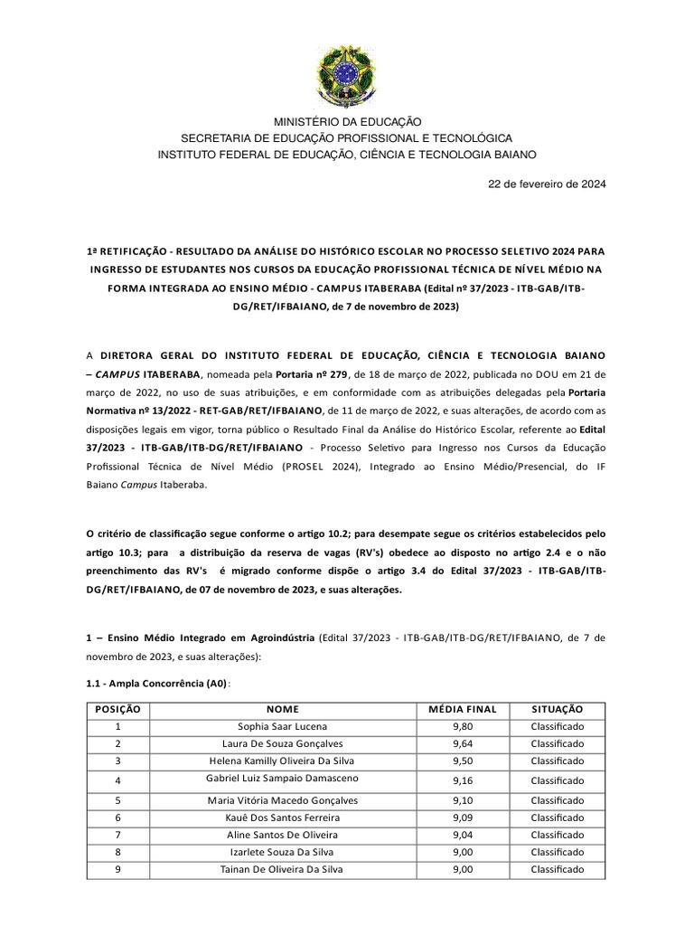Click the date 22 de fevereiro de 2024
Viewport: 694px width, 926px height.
(x=547, y=184)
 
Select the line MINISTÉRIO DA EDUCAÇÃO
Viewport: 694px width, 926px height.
(x=347, y=121)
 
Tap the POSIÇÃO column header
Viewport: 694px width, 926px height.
(x=117, y=710)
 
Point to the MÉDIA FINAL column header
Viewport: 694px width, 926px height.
(x=463, y=710)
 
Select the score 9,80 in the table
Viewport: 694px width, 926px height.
(x=463, y=726)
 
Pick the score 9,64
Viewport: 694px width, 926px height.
(x=463, y=743)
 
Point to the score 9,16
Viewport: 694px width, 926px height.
(x=463, y=780)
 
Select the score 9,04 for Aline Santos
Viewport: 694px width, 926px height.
(x=463, y=834)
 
